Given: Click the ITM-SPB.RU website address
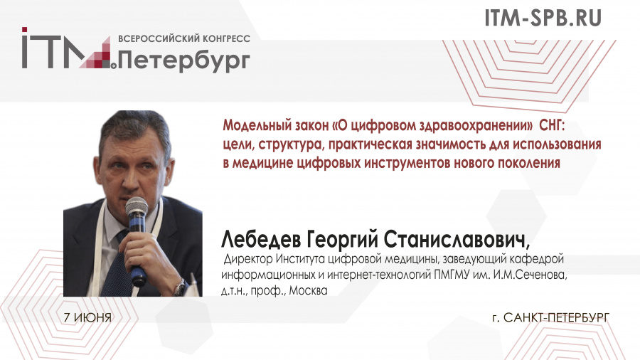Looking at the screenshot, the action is tap(543, 18).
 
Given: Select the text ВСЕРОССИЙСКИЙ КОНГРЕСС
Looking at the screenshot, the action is tap(184, 39).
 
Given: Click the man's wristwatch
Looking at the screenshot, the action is tap(180, 287).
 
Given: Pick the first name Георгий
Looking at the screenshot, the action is tap(341, 240).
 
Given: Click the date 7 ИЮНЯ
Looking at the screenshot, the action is tap(87, 317).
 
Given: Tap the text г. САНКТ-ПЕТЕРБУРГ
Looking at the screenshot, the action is tap(551, 317).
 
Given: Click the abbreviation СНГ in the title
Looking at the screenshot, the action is tap(551, 125).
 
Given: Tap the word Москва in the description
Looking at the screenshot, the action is tap(308, 290).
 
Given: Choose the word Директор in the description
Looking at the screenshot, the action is tap(248, 259).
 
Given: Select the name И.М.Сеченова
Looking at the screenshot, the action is tap(530, 275).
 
